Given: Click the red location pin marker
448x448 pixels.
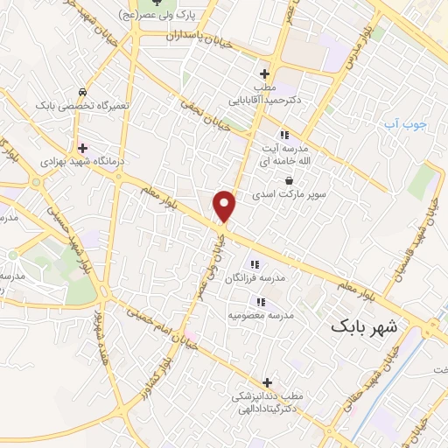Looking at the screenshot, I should pos(226,206).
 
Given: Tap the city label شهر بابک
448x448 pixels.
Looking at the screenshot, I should pos(364,327).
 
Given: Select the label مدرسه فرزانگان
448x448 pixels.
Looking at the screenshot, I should pos(255,277).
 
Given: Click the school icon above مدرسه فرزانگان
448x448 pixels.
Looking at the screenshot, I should pos(255,264).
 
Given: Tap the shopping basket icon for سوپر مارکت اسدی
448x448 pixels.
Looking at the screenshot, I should pos(290,180).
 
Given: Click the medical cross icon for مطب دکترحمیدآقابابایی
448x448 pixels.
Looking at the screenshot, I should pos(264,74).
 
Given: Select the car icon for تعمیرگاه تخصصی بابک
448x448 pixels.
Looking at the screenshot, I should pos(81,92).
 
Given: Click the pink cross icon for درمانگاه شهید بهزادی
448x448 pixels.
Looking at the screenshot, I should pos(83,148).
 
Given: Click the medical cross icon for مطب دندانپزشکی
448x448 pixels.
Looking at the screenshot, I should pos(267,382).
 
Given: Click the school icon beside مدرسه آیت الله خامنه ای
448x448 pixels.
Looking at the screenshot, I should pos(283,135).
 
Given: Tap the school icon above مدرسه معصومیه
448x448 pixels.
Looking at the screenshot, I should pos(261,302).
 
